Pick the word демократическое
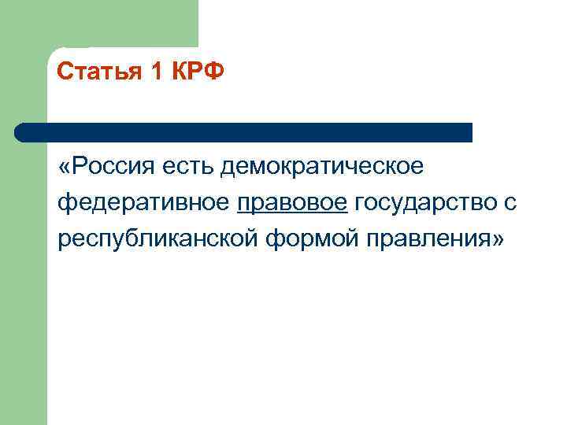(323, 167)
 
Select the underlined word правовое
(292, 203)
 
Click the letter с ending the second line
(510, 203)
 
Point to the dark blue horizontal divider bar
(244, 132)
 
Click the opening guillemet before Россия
(64, 168)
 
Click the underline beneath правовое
(292, 213)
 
